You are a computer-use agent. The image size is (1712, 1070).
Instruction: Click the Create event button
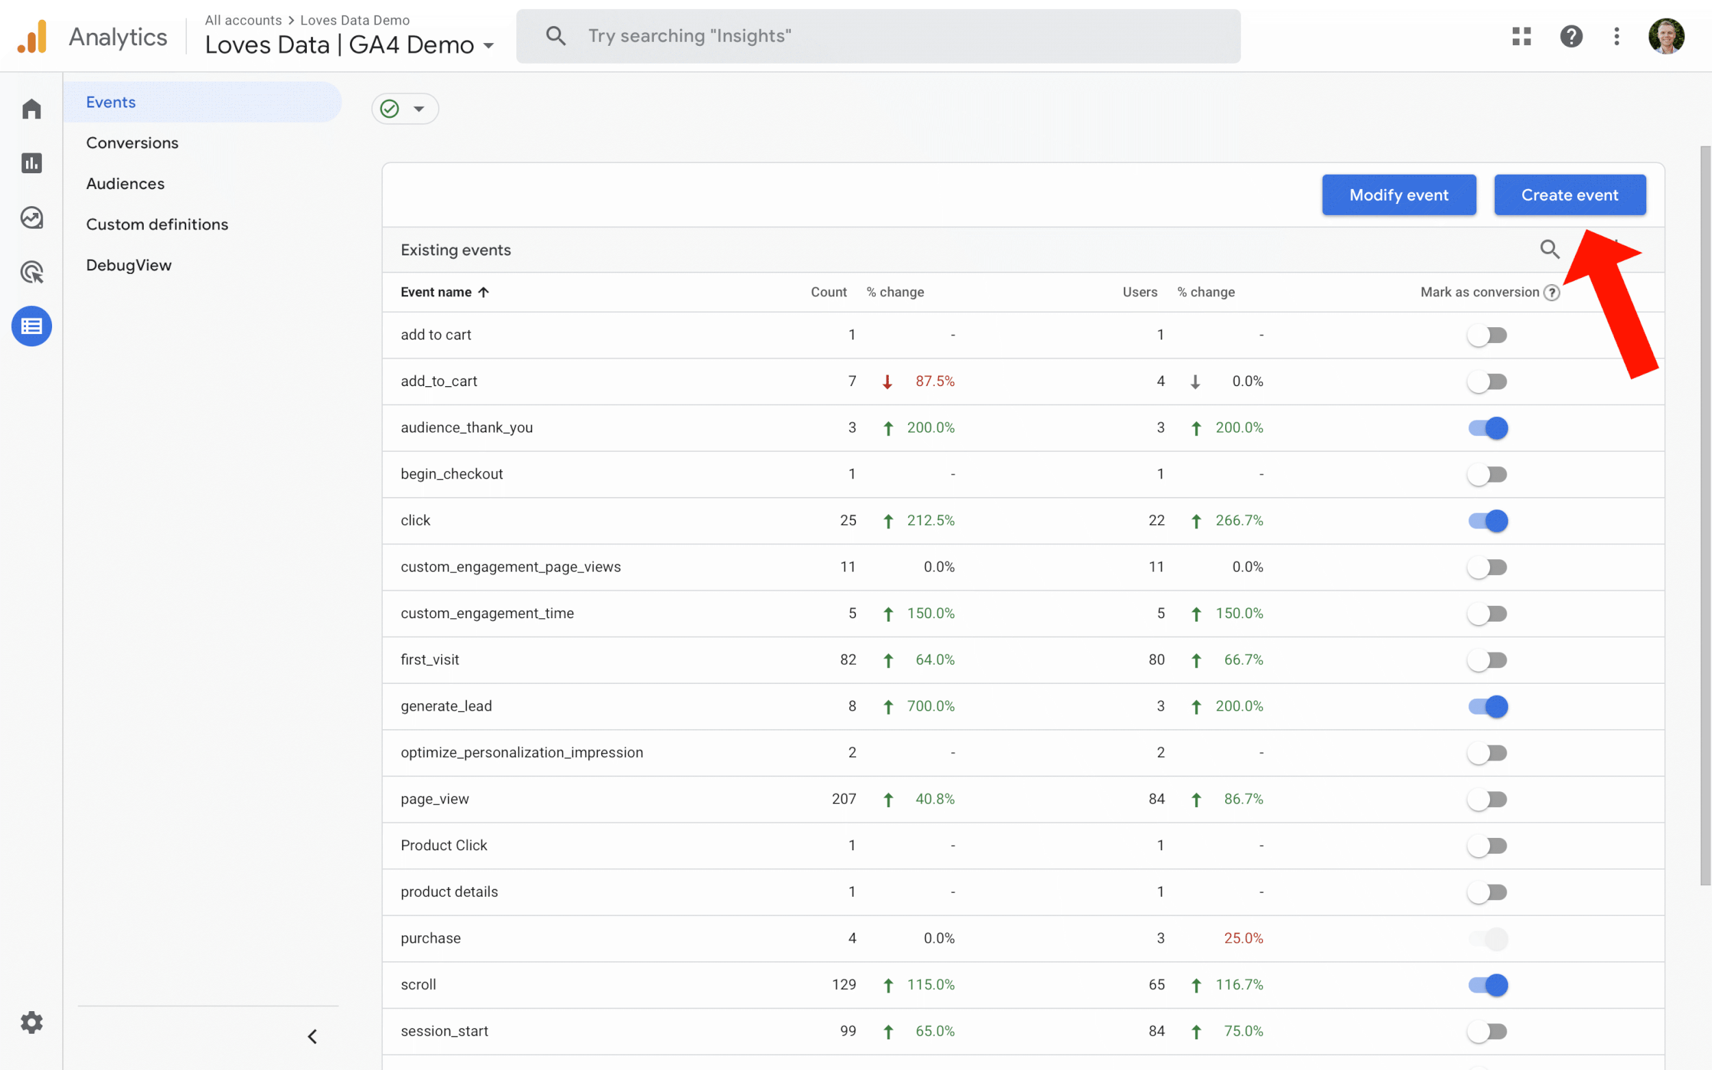(x=1569, y=194)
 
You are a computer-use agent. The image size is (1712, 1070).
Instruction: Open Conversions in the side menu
(x=131, y=143)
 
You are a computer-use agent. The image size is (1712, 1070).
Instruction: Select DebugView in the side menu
(x=128, y=266)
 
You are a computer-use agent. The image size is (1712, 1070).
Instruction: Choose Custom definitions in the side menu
(x=156, y=225)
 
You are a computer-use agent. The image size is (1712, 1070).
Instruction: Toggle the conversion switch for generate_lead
(x=1487, y=706)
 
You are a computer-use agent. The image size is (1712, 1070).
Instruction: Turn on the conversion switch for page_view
(x=1487, y=799)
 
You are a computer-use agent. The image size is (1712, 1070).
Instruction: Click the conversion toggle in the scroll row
(x=1487, y=984)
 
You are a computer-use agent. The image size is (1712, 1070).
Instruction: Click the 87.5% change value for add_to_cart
(x=934, y=381)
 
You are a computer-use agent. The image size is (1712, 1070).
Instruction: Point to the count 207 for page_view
(x=844, y=799)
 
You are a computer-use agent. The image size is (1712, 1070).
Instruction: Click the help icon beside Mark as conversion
(x=1551, y=292)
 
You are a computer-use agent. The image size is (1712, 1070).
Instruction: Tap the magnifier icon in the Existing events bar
(x=1549, y=249)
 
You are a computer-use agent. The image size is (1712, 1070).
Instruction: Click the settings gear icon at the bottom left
(x=31, y=1022)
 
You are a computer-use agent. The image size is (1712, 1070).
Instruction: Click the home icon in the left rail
(x=31, y=109)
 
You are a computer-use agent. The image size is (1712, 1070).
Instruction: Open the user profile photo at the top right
(x=1665, y=36)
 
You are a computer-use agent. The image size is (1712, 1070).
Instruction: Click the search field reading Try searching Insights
(x=878, y=36)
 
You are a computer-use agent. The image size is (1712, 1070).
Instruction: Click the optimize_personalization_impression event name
(x=522, y=752)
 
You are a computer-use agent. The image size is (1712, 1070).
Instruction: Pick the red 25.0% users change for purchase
(x=1243, y=939)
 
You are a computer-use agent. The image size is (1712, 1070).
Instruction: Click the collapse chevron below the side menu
(x=312, y=1036)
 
